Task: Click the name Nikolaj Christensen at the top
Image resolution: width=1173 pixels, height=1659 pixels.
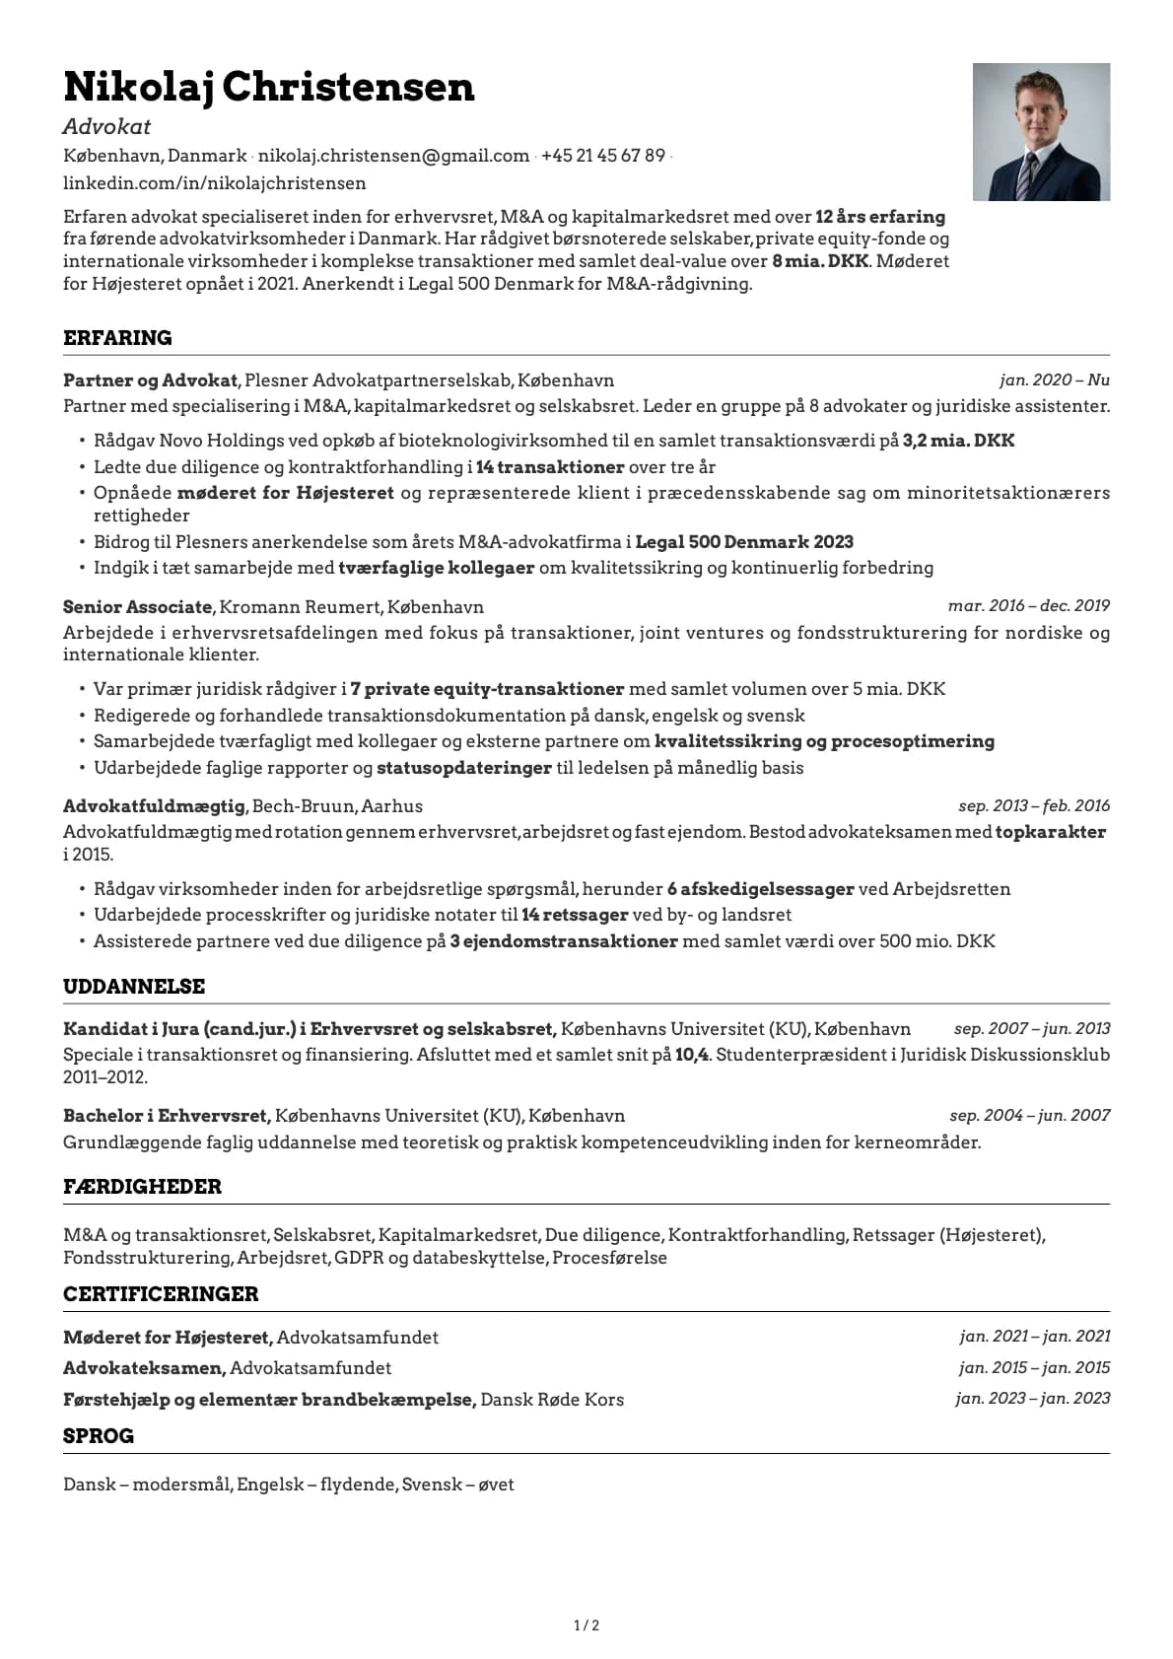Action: (268, 87)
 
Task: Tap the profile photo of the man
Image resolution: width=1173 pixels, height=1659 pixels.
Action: (1041, 132)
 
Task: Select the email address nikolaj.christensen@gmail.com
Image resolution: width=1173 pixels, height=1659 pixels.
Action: (393, 156)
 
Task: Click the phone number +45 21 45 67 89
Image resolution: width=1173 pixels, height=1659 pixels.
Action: (602, 156)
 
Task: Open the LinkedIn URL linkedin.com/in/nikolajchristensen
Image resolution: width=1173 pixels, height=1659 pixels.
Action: (214, 183)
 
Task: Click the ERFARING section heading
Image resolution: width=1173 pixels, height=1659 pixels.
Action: (117, 338)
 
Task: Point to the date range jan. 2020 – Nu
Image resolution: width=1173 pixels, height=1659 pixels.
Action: (1054, 380)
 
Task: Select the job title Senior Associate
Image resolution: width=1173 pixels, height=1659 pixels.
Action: (137, 606)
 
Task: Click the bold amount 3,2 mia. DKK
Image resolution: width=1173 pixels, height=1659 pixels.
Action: (958, 441)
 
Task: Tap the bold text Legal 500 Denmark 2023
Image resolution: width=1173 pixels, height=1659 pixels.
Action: (744, 541)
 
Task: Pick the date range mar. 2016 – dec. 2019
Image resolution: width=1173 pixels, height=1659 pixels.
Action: (1028, 605)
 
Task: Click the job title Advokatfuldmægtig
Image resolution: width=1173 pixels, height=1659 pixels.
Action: (154, 805)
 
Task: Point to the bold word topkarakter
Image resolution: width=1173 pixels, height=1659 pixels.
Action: (1050, 831)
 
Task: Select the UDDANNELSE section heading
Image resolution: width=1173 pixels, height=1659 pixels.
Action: (134, 987)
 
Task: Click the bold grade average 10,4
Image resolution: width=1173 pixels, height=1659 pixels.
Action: (692, 1054)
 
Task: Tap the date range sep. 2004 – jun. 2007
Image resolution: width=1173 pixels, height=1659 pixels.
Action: (1029, 1115)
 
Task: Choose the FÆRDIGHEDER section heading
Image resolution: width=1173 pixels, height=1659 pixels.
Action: (142, 1187)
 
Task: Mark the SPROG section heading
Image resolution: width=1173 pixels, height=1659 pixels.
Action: (99, 1436)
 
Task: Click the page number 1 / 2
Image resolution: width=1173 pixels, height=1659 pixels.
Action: (586, 1625)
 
